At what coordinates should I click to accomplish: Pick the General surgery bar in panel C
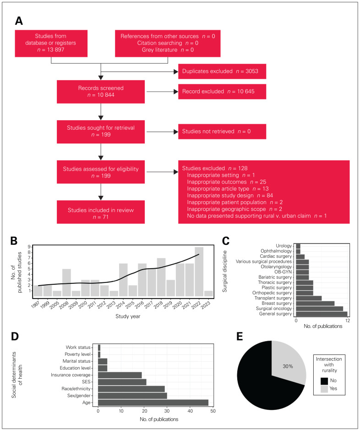[x=322, y=314]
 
